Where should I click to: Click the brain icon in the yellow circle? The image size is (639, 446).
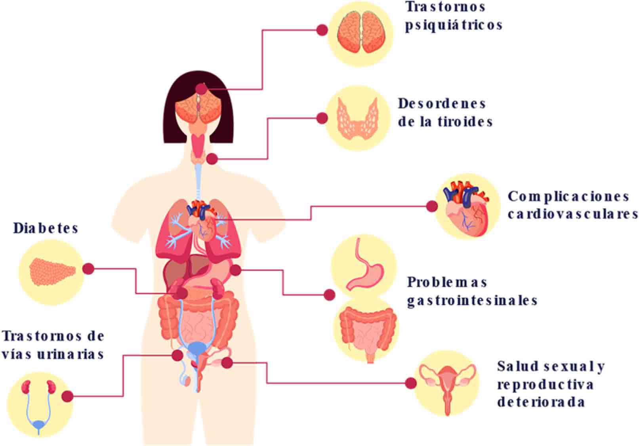362,32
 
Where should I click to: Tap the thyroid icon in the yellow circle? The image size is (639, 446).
357,118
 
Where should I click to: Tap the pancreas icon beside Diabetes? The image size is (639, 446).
52,272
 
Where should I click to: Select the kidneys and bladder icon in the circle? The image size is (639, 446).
39,404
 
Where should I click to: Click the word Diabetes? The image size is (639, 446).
46,229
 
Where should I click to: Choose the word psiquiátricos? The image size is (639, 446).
454,25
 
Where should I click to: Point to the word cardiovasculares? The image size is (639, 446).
572,214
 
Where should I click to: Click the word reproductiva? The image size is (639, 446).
546,385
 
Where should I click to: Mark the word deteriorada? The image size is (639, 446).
541,402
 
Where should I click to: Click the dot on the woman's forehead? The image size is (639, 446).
201,88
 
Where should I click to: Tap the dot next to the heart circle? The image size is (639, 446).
432,206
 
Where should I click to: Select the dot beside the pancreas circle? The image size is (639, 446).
88,269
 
